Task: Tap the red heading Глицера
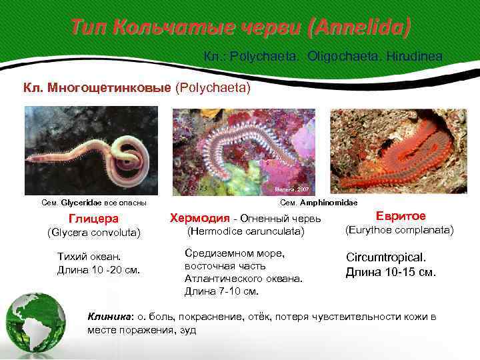pyautogui.click(x=94, y=219)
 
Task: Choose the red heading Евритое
pyautogui.click(x=400, y=216)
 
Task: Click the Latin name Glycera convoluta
pyautogui.click(x=94, y=233)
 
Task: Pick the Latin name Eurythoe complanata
pyautogui.click(x=399, y=230)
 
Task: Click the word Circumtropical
pyautogui.click(x=385, y=257)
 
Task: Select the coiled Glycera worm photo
pyautogui.click(x=91, y=150)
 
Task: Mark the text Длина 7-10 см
pyautogui.click(x=221, y=291)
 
